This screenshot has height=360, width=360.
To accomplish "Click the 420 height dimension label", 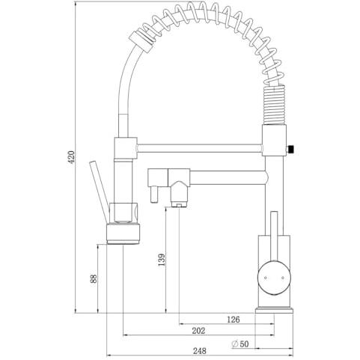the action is click(x=71, y=157).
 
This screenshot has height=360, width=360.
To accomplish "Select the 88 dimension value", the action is click(x=94, y=278).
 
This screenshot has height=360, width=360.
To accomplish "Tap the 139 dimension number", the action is click(x=162, y=260).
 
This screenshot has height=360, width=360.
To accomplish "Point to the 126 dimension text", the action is click(x=234, y=320).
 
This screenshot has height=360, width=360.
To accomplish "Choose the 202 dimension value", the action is click(x=198, y=331).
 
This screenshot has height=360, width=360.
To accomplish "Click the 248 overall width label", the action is click(x=200, y=351).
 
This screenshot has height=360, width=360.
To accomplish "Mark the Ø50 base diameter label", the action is click(x=240, y=344).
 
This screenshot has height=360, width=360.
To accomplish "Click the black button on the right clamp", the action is click(x=290, y=149).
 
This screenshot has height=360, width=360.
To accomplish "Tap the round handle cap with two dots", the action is click(x=274, y=278).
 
